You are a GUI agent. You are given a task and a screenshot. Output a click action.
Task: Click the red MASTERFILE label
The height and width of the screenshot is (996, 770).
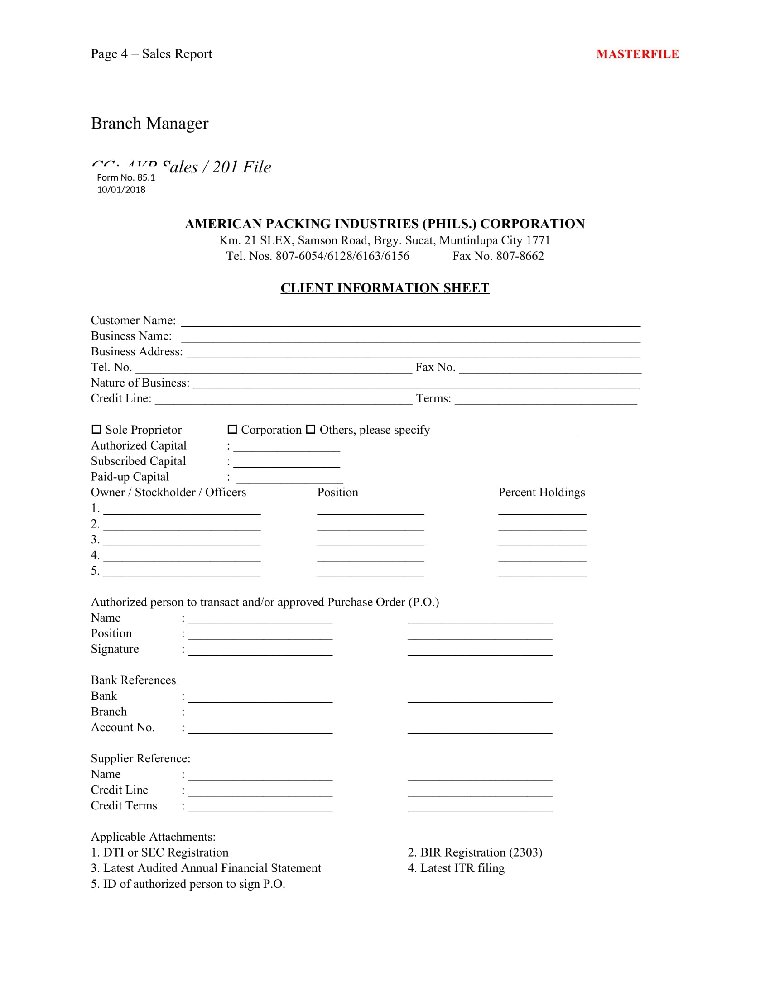click(x=637, y=54)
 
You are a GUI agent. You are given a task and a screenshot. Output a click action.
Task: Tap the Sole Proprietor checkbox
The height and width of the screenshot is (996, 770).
click(x=96, y=429)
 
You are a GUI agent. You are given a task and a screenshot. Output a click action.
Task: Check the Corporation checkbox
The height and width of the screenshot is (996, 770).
click(x=232, y=429)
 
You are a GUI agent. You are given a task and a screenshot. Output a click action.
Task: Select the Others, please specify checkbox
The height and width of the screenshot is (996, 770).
click(x=311, y=429)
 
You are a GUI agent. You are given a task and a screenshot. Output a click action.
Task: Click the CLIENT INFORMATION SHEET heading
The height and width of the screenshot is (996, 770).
click(x=385, y=288)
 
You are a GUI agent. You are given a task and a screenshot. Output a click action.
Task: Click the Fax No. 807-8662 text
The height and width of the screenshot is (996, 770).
click(x=498, y=256)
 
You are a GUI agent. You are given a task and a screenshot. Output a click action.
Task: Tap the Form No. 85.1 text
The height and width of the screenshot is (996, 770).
click(x=126, y=177)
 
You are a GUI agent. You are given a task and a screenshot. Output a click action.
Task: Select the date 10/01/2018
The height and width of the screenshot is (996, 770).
click(x=121, y=189)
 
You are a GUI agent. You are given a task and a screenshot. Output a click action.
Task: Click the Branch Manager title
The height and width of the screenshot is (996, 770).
click(x=149, y=124)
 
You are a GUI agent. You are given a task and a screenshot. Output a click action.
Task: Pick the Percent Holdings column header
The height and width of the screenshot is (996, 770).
click(x=541, y=493)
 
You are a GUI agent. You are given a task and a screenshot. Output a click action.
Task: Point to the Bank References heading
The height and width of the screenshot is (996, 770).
click(x=133, y=680)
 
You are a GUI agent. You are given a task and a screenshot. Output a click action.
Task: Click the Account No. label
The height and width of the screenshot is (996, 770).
click(x=123, y=727)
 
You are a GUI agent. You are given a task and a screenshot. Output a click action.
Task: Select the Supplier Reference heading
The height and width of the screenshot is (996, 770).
click(x=140, y=758)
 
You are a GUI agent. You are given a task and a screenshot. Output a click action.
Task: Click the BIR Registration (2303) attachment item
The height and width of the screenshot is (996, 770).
click(x=475, y=852)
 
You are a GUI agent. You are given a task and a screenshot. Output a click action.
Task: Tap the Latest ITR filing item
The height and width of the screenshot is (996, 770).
click(x=456, y=868)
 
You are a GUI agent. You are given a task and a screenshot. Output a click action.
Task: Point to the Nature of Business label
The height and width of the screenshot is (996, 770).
click(x=140, y=383)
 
